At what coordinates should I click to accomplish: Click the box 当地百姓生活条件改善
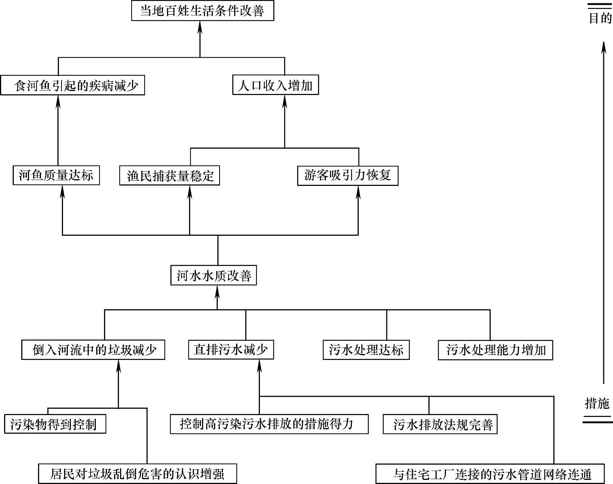point(202,11)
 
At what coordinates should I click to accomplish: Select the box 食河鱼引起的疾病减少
point(72,86)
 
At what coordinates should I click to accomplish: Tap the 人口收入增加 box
point(275,85)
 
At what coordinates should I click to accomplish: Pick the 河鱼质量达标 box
point(56,175)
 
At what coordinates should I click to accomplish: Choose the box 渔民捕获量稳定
point(169,175)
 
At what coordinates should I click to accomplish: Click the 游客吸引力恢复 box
point(348,175)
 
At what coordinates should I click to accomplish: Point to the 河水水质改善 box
point(213,276)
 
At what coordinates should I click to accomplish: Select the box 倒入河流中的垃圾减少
point(93,350)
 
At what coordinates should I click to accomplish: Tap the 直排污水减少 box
point(231,350)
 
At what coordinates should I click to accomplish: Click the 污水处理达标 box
point(366,350)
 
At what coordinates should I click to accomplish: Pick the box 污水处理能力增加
point(495,350)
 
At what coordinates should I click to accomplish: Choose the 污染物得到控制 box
point(55,424)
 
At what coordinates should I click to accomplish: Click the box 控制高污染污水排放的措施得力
point(269,424)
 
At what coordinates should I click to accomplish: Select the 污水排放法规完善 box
point(440,424)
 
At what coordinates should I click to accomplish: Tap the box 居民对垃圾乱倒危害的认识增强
point(137,474)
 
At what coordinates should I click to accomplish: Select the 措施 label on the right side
point(597,403)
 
